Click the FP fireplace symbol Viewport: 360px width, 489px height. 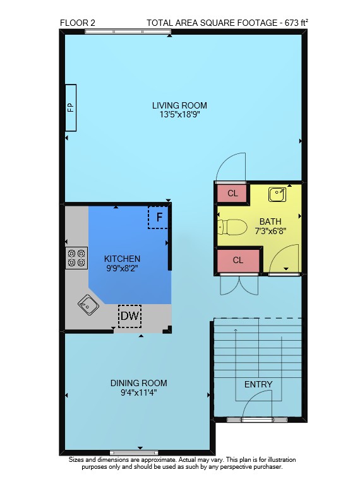(70, 108)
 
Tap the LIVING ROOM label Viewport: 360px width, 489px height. (179, 105)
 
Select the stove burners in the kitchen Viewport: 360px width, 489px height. (76, 258)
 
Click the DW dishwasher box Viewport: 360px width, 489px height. (130, 316)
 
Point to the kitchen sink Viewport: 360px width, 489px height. (88, 305)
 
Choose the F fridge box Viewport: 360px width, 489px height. (158, 217)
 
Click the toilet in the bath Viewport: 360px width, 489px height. (232, 227)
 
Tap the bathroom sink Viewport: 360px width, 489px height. (277, 194)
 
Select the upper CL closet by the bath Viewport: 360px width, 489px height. (232, 193)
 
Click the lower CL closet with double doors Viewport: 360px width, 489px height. (238, 260)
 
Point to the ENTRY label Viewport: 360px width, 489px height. (258, 384)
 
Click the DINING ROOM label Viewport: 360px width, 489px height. (138, 383)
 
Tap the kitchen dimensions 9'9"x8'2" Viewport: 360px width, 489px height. (122, 268)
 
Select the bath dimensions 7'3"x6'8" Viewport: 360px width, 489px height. (270, 231)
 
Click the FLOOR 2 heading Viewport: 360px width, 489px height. (78, 23)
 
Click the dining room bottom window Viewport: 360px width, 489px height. (134, 453)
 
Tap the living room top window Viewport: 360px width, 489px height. (128, 32)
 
